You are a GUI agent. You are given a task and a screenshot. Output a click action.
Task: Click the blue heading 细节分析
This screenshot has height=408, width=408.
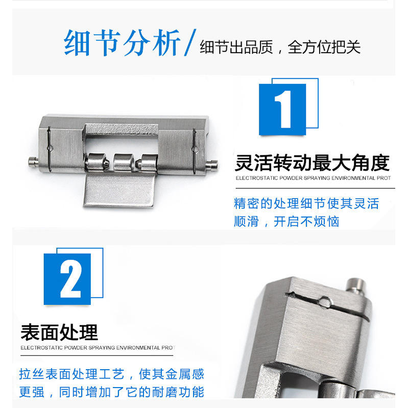click(x=122, y=43)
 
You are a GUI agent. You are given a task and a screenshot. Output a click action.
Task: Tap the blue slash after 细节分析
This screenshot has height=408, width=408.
click(x=190, y=42)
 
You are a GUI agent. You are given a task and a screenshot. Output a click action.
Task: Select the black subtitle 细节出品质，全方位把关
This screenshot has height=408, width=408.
click(x=280, y=47)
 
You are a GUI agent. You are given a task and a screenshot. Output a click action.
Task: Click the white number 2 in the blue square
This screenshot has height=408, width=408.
click(x=70, y=279)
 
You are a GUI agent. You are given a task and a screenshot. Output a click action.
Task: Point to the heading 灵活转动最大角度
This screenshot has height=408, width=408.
click(x=312, y=162)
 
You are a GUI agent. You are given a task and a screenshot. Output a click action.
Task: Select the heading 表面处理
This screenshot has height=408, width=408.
click(x=59, y=332)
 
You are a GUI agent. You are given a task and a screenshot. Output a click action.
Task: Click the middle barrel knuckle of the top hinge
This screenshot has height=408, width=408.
click(x=124, y=162)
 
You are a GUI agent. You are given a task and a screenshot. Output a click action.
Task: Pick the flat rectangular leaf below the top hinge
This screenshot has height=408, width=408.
click(x=119, y=190)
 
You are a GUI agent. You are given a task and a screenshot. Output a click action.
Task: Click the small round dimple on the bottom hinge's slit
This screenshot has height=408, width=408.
click(x=325, y=302)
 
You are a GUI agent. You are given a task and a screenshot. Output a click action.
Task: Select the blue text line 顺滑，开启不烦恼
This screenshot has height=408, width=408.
click(x=286, y=222)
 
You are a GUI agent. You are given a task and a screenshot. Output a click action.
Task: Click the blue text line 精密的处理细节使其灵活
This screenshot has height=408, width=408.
click(x=306, y=203)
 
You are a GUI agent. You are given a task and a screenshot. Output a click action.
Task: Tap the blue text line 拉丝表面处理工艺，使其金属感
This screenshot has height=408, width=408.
click(x=112, y=374)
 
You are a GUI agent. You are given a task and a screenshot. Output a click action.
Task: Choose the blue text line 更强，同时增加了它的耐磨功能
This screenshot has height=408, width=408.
click(x=112, y=392)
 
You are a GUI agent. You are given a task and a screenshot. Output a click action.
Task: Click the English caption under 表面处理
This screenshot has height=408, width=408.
click(x=98, y=348)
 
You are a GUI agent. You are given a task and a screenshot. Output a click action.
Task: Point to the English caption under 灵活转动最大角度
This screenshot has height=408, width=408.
click(x=314, y=178)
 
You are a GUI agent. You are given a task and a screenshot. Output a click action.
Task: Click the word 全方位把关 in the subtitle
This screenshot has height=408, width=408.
click(x=324, y=47)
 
